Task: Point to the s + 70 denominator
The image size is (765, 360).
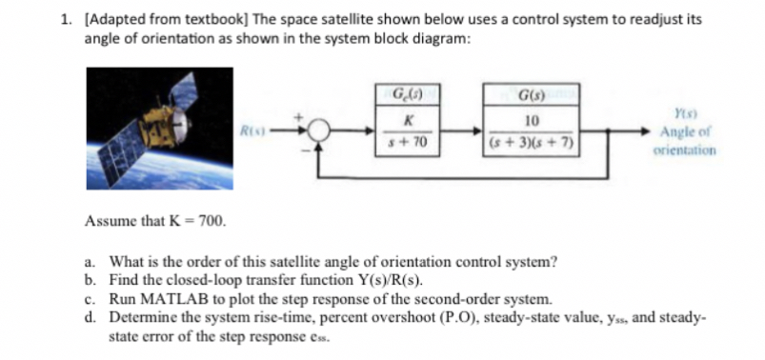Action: [411, 142]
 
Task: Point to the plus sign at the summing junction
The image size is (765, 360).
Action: [307, 119]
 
